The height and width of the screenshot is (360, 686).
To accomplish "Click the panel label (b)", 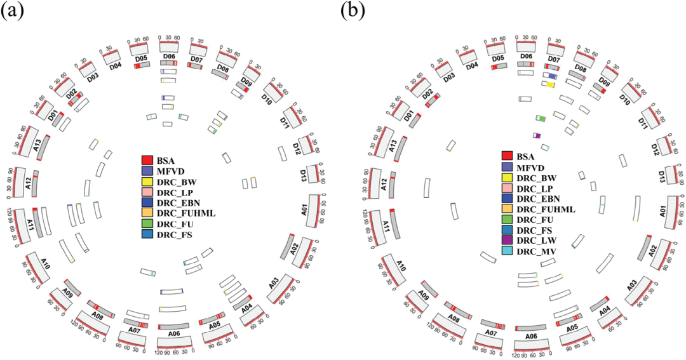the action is (353, 11).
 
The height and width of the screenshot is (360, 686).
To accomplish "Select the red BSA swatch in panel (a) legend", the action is (147, 159).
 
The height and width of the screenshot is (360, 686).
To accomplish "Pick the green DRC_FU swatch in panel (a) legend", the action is (147, 224).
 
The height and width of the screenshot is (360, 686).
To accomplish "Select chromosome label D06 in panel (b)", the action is (526, 57).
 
